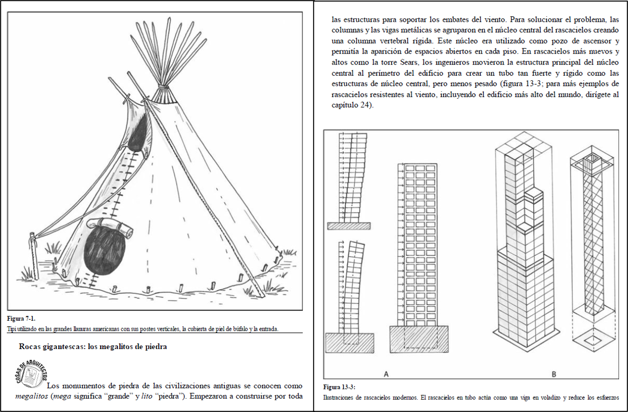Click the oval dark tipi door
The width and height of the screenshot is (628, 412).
[x=104, y=251]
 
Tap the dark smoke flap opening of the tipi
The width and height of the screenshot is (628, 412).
[x=138, y=134]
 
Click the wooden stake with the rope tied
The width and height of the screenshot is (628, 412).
[x=34, y=256]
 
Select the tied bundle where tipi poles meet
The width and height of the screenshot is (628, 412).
[x=164, y=94]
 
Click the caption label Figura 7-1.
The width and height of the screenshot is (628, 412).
[x=21, y=318]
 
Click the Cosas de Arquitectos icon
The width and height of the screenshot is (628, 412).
[x=31, y=374]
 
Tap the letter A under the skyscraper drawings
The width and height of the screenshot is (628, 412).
[x=386, y=374]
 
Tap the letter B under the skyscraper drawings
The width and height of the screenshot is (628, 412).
[x=554, y=374]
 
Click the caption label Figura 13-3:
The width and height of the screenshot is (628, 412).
[x=339, y=387]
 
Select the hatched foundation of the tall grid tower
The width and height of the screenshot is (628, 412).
[x=419, y=339]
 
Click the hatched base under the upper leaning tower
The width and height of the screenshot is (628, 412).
[x=349, y=226]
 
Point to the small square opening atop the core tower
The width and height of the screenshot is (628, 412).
[x=592, y=159]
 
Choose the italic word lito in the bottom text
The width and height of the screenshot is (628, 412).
[x=147, y=396]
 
